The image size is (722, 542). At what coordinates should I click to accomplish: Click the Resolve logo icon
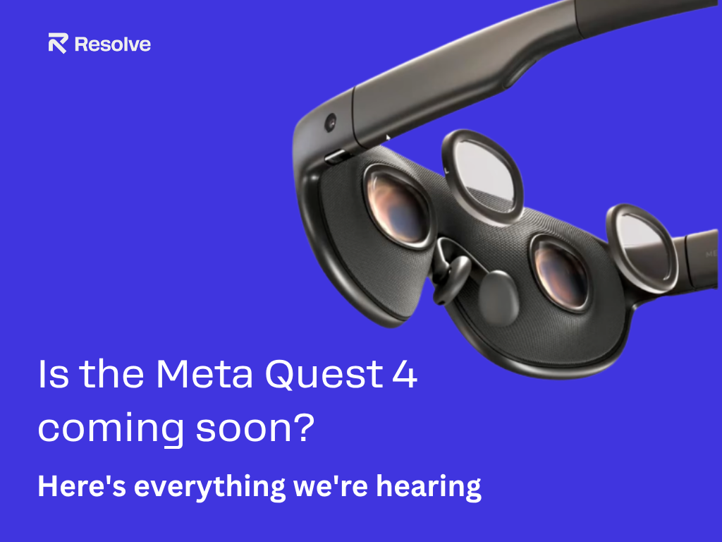[x=58, y=43]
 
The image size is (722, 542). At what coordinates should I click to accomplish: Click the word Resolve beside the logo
[x=112, y=44]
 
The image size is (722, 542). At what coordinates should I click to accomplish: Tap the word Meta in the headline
[x=204, y=374]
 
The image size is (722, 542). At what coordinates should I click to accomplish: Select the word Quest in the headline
[x=324, y=374]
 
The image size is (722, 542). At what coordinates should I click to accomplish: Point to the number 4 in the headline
[x=405, y=374]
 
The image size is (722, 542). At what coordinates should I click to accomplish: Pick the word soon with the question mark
[x=255, y=427]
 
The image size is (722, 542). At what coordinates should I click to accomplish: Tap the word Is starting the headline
[x=54, y=374]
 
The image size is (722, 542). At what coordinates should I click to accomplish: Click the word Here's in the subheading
[x=82, y=486]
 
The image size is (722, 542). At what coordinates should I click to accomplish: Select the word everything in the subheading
[x=209, y=488]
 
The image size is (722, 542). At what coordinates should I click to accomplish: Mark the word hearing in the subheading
[x=429, y=488]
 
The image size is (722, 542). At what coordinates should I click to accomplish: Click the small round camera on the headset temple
[x=330, y=123]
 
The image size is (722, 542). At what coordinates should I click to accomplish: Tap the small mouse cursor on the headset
[x=388, y=138]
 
